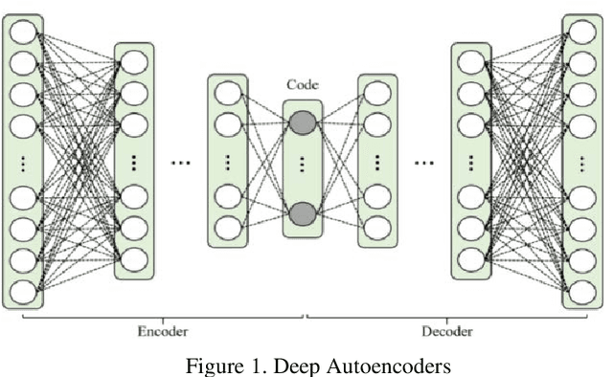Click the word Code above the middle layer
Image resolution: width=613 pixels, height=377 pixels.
coord(303,84)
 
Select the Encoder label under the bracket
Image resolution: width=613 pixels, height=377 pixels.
coord(162,331)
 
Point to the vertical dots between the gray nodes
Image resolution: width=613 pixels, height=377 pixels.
coord(303,166)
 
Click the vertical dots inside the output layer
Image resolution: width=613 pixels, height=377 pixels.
coord(582,162)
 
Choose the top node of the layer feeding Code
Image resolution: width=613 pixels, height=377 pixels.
coord(227,94)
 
